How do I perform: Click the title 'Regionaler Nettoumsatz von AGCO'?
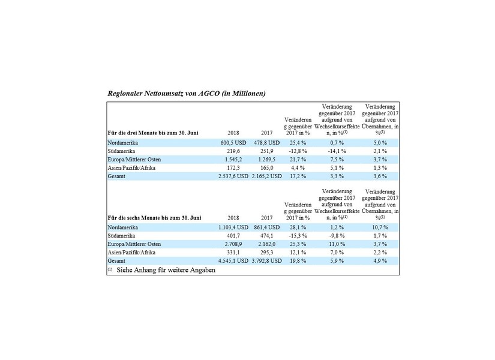tap(186, 94)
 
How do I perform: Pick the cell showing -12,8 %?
tap(296, 151)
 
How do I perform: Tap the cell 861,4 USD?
tap(266, 228)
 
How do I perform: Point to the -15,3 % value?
tap(296, 236)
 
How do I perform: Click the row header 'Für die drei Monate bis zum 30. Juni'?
tap(153, 132)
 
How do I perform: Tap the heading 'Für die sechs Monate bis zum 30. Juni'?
tap(154, 218)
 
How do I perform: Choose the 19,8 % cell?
tap(296, 262)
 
